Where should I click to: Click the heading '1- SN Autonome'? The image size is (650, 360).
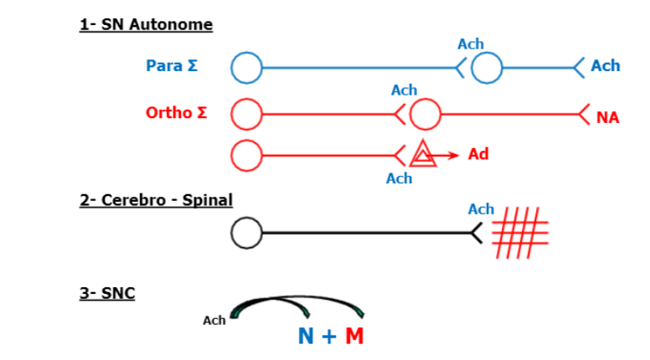[146, 24]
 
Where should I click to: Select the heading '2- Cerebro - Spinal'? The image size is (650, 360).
[156, 200]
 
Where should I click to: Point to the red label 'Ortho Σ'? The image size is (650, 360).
[176, 113]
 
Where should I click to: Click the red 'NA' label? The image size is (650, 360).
[608, 118]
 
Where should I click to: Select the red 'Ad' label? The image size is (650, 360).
[478, 154]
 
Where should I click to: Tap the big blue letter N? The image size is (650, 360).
[307, 337]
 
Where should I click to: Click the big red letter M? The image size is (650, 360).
[354, 337]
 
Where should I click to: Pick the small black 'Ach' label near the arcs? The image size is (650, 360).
[214, 321]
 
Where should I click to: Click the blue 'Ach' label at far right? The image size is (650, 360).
[605, 66]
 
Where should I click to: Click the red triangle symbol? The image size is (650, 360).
[423, 155]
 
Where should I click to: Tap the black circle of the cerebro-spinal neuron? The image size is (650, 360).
[247, 233]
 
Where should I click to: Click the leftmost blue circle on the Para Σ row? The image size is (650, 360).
[247, 67]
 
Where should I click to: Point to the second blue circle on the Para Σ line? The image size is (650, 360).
[487, 67]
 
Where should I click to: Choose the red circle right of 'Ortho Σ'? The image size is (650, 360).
[247, 114]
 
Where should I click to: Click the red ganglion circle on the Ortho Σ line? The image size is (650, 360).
[425, 114]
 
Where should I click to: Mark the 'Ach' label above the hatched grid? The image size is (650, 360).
[481, 209]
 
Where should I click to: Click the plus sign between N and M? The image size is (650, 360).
[330, 337]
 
